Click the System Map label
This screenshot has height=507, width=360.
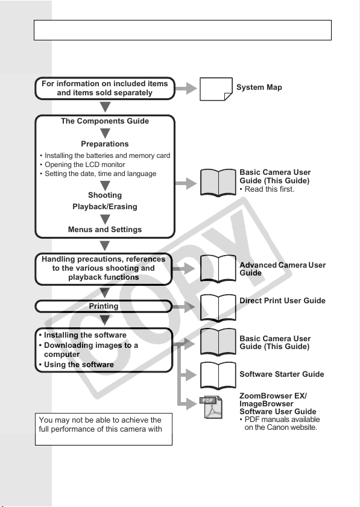pos(259,87)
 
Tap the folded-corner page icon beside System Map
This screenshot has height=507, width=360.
pos(216,89)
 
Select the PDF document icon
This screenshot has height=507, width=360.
pos(211,407)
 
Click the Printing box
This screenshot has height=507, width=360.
pos(104,306)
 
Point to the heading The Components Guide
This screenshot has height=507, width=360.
pos(105,121)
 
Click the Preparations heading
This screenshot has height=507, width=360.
pos(105,144)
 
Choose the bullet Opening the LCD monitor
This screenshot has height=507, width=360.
pos(83,165)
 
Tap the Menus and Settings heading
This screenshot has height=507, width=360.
pos(105,230)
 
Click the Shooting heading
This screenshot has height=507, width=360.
pos(105,195)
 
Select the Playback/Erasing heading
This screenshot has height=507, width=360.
pos(105,207)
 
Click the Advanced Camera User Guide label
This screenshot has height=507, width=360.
pos(282,269)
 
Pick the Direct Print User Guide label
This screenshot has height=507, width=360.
pos(282,301)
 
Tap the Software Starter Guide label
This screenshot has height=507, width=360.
pos(282,374)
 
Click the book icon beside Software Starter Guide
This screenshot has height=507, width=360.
pos(218,375)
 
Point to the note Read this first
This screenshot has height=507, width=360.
pos(267,189)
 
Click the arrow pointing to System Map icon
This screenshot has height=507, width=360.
pos(186,88)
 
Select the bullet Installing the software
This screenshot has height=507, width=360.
pos(83,335)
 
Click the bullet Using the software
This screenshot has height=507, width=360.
pos(77,364)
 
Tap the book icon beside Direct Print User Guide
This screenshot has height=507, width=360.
pos(218,307)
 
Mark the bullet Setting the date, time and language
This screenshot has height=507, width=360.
pos(98,174)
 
